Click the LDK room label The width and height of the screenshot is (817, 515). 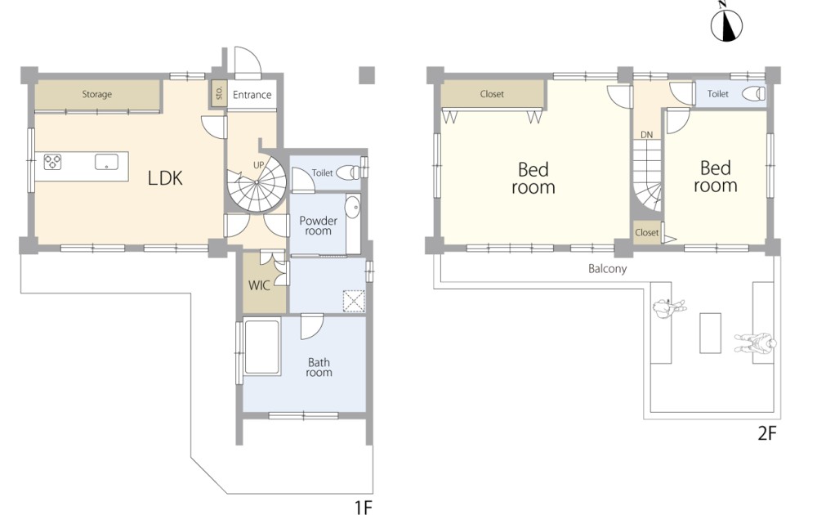pyautogui.click(x=165, y=178)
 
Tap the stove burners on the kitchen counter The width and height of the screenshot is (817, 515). pyautogui.click(x=52, y=162)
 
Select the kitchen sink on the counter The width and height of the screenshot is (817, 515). pyautogui.click(x=106, y=162)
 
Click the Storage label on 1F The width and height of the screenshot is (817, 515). pyautogui.click(x=97, y=94)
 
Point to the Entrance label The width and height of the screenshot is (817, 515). pyautogui.click(x=252, y=95)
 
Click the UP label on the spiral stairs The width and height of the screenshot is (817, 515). pyautogui.click(x=259, y=164)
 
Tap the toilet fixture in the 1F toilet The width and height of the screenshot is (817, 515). pyautogui.click(x=348, y=172)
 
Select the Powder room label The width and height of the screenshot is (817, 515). pyautogui.click(x=318, y=225)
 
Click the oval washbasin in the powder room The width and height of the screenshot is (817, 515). pyautogui.click(x=353, y=208)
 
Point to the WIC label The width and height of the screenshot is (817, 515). pyautogui.click(x=259, y=285)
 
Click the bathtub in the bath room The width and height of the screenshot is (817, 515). pyautogui.click(x=262, y=347)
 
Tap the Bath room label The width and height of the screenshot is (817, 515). pyautogui.click(x=319, y=367)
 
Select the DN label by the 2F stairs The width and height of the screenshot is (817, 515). pyautogui.click(x=646, y=135)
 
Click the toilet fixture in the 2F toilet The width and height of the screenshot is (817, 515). pyautogui.click(x=754, y=94)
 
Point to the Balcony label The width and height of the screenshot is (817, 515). pyautogui.click(x=608, y=268)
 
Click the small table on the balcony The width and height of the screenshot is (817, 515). pyautogui.click(x=710, y=333)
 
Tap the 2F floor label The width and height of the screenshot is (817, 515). pyautogui.click(x=766, y=433)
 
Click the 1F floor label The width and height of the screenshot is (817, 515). pyautogui.click(x=364, y=507)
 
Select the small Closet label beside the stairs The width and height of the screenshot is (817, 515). pyautogui.click(x=646, y=232)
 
